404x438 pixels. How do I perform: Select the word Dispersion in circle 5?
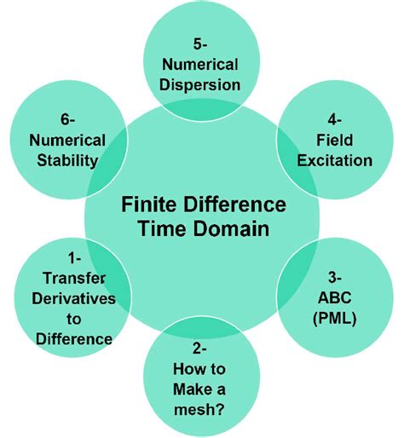point(202,84)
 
